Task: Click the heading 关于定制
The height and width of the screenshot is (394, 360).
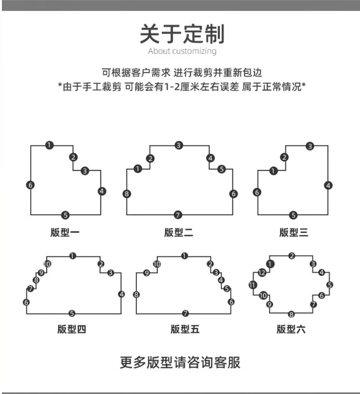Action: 182,34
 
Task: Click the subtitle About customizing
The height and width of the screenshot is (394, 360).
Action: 182,51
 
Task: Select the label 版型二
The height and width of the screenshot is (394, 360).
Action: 179,233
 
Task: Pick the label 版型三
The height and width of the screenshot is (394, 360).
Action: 294,233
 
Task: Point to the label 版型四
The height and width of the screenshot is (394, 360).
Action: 72,329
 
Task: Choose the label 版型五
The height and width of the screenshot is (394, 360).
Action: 185,329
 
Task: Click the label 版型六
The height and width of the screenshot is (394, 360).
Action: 291,329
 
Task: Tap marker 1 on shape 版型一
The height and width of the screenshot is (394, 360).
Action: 49,145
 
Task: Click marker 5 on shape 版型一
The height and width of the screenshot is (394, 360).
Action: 66,215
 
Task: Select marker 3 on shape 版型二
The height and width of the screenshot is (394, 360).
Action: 179,145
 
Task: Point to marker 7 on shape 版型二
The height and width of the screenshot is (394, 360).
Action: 178,215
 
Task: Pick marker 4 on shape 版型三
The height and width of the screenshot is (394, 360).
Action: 328,185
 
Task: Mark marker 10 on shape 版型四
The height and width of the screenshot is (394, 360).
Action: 47,264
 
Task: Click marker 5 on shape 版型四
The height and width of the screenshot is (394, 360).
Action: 72,313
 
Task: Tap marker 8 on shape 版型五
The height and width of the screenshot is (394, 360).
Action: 136,294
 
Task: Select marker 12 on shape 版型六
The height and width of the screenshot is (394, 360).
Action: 262,273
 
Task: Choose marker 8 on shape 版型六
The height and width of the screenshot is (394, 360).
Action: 291,314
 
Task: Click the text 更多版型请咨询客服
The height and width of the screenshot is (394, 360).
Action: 180,362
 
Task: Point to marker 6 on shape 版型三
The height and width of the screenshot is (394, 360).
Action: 257,192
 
